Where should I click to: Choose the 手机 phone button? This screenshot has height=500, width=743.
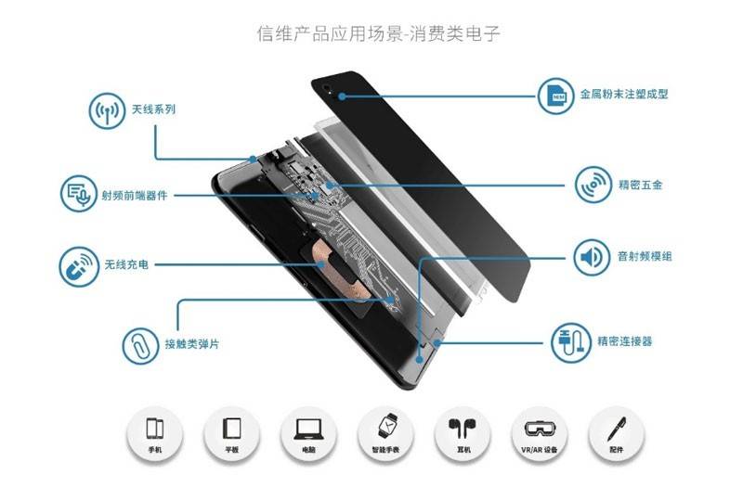[155, 433]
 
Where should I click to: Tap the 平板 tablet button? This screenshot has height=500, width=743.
[232, 433]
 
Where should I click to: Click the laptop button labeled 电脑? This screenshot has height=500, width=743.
[308, 433]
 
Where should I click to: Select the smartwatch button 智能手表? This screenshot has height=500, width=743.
[385, 433]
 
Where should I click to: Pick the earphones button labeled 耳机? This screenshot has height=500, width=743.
[461, 433]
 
